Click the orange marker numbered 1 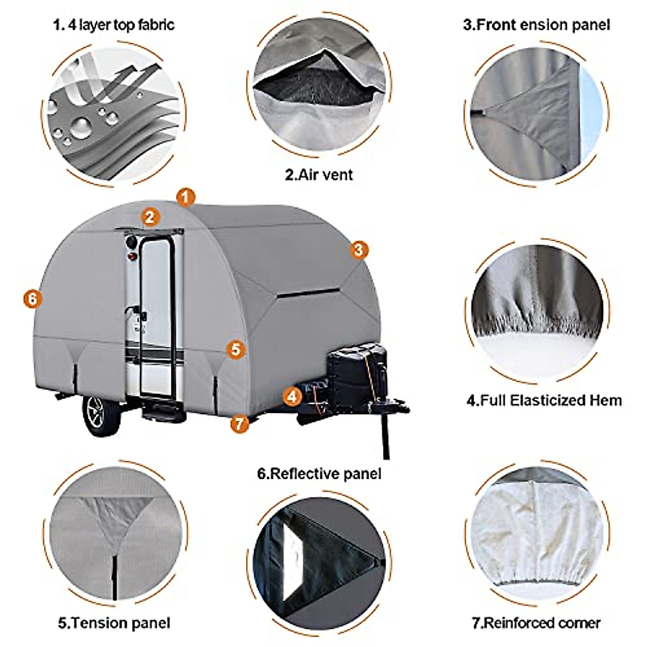click(x=186, y=198)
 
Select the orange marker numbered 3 click(x=359, y=250)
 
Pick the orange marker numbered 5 click(x=236, y=349)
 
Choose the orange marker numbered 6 click(x=32, y=299)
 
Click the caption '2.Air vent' click(x=319, y=174)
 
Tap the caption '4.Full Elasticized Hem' click(x=543, y=401)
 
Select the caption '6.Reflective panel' click(x=319, y=474)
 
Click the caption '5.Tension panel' click(x=114, y=623)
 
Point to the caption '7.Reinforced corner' click(x=536, y=623)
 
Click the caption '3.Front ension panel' click(x=536, y=25)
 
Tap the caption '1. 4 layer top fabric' click(x=114, y=25)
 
